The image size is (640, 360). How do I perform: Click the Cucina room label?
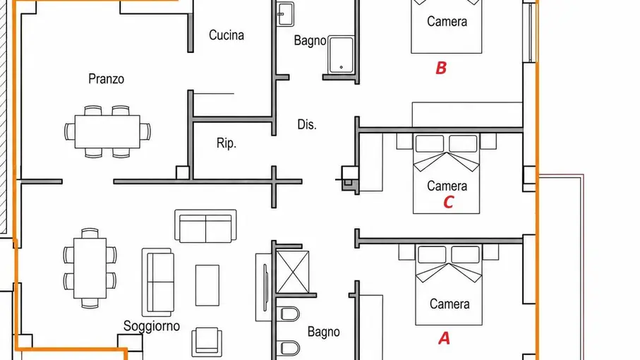click(x=227, y=35)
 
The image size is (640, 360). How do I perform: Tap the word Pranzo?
click(x=106, y=79)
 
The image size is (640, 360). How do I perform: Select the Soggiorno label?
click(x=152, y=326)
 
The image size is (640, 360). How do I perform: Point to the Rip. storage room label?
click(x=226, y=143)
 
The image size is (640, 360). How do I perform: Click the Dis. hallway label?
click(x=307, y=124)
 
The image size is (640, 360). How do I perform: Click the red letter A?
click(x=444, y=338)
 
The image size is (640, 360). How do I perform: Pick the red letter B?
click(x=441, y=68)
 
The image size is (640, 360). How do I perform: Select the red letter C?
click(x=448, y=202)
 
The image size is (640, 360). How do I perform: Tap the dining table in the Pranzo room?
click(x=107, y=131)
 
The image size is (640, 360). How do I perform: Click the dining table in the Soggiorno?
click(x=90, y=268)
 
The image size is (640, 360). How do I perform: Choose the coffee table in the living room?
click(x=207, y=285)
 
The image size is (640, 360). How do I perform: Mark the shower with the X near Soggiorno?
click(x=293, y=272)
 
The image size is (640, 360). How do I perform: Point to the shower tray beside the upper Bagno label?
click(x=342, y=55)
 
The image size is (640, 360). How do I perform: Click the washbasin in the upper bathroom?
click(x=285, y=14)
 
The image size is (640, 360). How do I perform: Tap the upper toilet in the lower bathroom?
click(x=289, y=314)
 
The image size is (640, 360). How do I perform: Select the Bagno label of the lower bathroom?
click(x=324, y=332)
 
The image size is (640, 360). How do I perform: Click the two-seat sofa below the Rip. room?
click(x=205, y=226)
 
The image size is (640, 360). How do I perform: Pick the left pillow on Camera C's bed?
click(x=430, y=143)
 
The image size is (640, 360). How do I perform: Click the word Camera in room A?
click(x=449, y=304)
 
